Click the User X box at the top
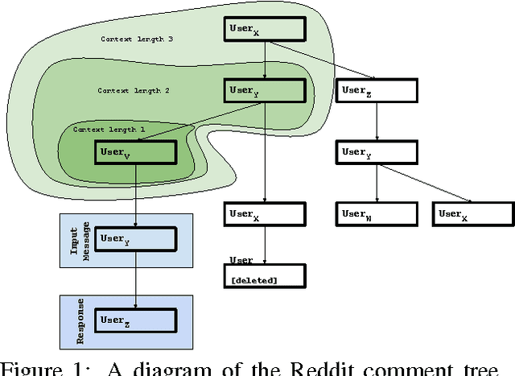tap(265, 28)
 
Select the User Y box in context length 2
tap(265, 91)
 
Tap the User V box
tap(134, 153)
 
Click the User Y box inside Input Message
tap(134, 238)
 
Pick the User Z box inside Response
tap(134, 320)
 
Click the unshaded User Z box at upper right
tap(377, 92)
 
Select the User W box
tap(377, 213)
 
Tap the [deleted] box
tap(265, 278)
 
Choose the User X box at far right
tap(473, 213)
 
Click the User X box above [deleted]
tap(265, 213)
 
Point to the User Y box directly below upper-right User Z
tap(377, 153)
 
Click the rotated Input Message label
tap(76, 239)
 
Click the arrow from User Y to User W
tap(377, 184)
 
